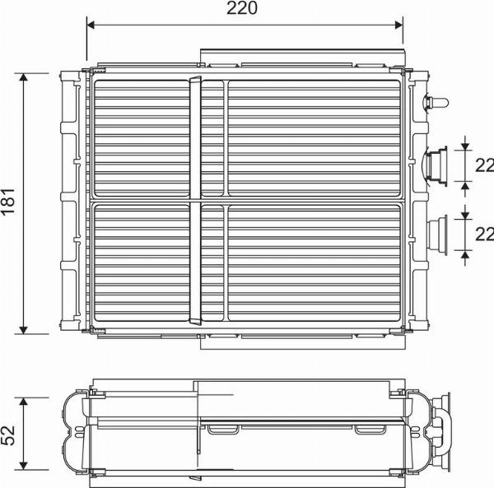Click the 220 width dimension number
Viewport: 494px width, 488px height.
[x=243, y=9]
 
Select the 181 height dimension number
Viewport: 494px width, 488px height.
[x=9, y=202]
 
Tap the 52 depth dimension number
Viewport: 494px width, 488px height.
[x=9, y=433]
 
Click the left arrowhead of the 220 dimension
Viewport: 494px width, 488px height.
[x=91, y=25]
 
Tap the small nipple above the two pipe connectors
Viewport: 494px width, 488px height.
[x=436, y=103]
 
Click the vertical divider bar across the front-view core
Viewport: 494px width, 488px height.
[x=195, y=202]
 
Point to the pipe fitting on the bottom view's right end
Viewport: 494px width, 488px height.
[x=445, y=430]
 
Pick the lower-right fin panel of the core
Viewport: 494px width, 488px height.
[x=315, y=262]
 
